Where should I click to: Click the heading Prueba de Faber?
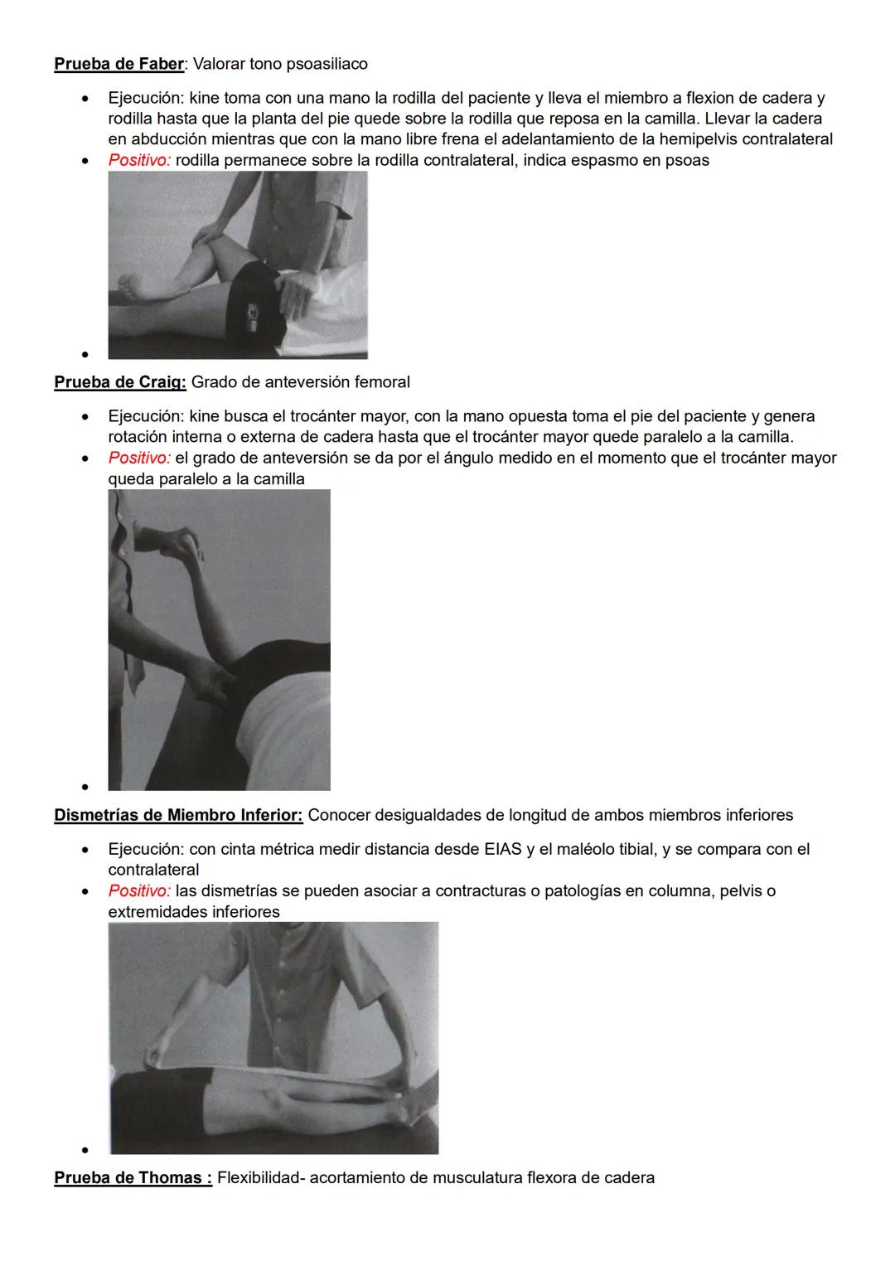tap(119, 64)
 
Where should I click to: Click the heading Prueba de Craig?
tap(119, 382)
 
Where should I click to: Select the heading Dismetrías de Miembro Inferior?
tap(177, 815)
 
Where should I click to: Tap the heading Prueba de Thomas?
tap(132, 1178)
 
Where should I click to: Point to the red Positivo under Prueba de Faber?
tap(138, 160)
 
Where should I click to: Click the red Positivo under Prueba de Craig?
tap(138, 458)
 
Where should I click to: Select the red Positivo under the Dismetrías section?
tap(138, 891)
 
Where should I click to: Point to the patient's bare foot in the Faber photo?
tap(133, 289)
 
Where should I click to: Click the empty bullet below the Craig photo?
tap(85, 787)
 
